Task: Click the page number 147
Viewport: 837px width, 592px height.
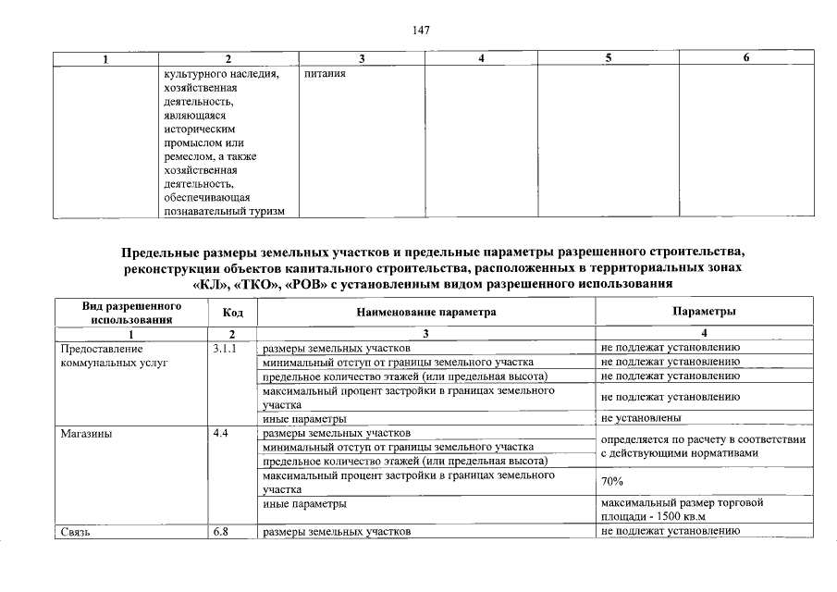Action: (x=419, y=31)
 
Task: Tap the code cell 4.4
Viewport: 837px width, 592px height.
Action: (x=220, y=433)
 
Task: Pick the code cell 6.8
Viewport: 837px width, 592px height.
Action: (x=220, y=532)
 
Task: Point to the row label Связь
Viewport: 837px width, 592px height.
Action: (x=75, y=532)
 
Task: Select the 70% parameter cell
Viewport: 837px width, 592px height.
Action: (x=612, y=482)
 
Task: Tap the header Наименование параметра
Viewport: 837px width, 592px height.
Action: (x=426, y=313)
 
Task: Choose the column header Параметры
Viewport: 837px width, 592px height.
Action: (x=705, y=313)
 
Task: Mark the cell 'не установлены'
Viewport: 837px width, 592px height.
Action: (x=639, y=418)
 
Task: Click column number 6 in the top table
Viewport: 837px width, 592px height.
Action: (x=746, y=59)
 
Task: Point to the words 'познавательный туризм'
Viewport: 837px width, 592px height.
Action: (x=224, y=211)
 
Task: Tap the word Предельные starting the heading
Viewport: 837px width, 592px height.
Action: (x=154, y=252)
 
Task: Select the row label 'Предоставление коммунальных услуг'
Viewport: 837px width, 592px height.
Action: (x=111, y=356)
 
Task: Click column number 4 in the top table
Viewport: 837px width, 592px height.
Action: (x=482, y=59)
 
